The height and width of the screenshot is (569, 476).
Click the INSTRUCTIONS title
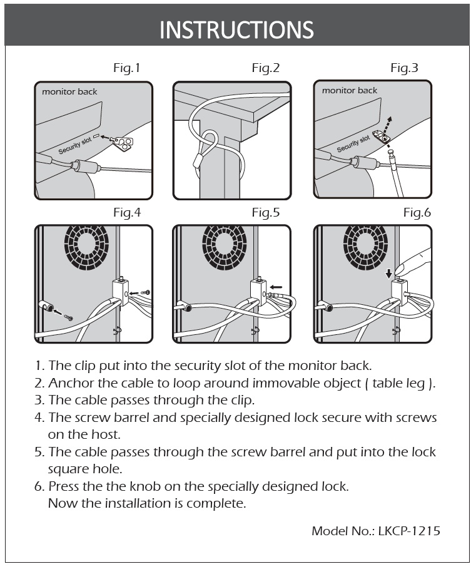point(236,29)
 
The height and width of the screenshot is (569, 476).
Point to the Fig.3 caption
point(404,68)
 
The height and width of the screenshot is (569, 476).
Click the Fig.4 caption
point(127,213)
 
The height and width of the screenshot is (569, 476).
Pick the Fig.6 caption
point(417,213)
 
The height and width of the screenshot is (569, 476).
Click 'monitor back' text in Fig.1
point(69,92)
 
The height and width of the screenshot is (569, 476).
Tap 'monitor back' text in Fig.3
point(350,91)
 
